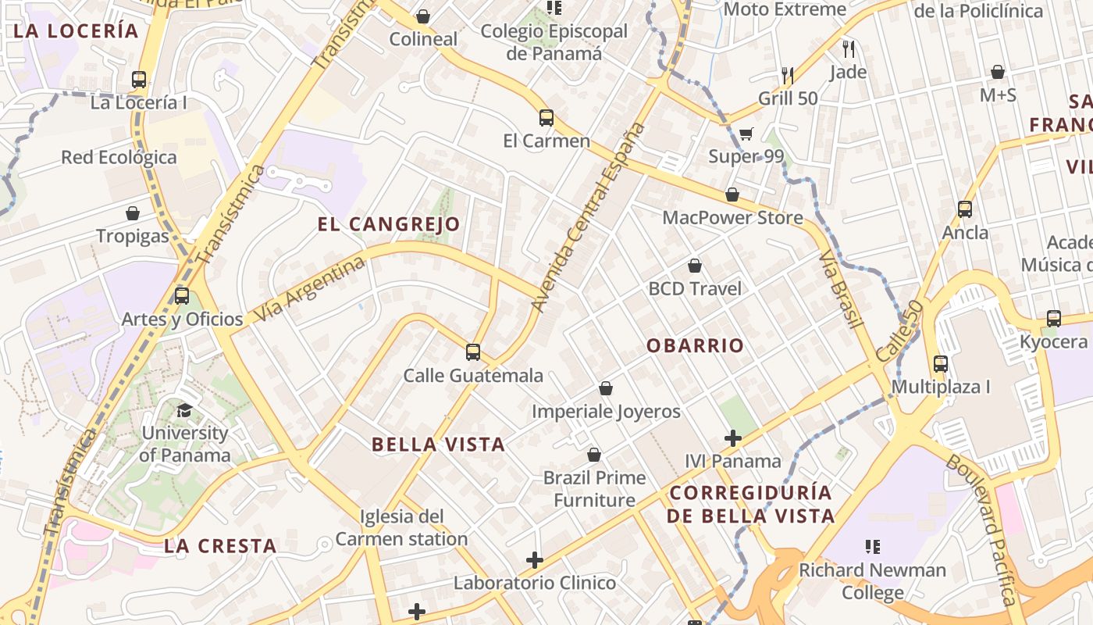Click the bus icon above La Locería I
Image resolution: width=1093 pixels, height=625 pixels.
tap(139, 79)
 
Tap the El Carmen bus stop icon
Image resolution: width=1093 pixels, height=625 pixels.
tap(546, 118)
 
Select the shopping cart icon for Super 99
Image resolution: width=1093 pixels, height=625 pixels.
tap(746, 134)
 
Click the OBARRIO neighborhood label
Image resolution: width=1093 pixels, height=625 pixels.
tap(695, 345)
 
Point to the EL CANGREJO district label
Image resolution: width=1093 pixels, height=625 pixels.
tap(389, 224)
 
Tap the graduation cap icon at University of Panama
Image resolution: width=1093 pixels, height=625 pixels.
tap(185, 410)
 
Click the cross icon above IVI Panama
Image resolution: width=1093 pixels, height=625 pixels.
tap(733, 438)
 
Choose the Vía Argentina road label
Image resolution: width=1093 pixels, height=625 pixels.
tap(310, 290)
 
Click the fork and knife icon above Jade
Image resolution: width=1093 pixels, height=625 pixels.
tap(849, 49)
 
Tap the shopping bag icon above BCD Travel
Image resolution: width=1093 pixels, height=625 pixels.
tap(695, 266)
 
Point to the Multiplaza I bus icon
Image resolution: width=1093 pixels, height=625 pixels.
tap(941, 363)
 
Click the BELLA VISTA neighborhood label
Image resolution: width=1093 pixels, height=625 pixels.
tap(438, 445)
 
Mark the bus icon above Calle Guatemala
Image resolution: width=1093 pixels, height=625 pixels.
tap(473, 352)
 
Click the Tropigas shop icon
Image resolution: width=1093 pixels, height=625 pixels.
tap(133, 212)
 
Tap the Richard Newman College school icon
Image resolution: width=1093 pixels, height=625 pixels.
tap(873, 547)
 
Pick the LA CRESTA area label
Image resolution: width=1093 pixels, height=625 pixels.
tap(220, 546)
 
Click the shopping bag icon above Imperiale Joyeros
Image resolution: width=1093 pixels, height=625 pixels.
tap(606, 388)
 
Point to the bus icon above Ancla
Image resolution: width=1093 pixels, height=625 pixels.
tap(965, 209)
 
